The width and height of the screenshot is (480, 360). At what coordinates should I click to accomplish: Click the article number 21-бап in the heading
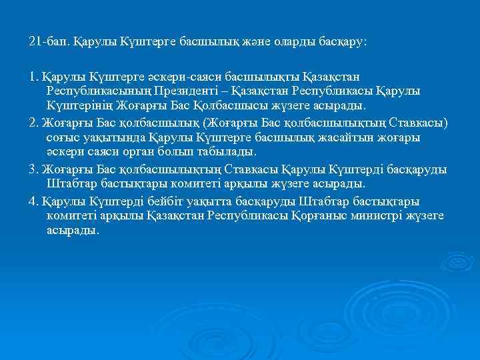(x=47, y=42)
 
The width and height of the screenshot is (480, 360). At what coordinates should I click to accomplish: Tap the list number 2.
(x=34, y=122)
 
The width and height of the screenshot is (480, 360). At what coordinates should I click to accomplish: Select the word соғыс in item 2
(x=63, y=137)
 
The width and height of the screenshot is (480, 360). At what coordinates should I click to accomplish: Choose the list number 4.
(x=34, y=201)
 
